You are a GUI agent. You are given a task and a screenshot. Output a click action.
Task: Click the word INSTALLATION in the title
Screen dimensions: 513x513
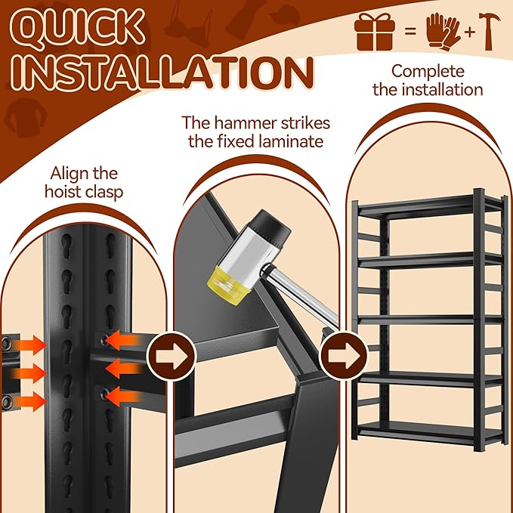pos(162,73)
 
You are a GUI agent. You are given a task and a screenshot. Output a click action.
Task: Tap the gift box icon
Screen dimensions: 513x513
pos(375,32)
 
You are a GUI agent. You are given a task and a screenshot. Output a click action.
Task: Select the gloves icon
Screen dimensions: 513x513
pos(443,32)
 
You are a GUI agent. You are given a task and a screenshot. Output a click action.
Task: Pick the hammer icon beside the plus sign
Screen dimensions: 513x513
pos(489,31)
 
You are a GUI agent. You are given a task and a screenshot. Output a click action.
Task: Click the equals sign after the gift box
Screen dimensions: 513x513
pos(410,32)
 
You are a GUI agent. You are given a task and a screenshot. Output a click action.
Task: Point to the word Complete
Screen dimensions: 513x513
pos(428,72)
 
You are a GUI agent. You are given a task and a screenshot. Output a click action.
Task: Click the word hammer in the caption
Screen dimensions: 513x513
pos(242,123)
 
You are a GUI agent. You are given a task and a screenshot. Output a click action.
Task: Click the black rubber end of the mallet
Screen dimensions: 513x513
pos(271,227)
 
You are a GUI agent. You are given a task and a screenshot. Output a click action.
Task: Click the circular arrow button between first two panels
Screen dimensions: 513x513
pos(172,356)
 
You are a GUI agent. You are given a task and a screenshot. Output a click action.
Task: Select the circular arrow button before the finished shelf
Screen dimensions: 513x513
pos(344,356)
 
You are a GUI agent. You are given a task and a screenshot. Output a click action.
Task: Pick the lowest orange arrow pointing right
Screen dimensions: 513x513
pos(29,401)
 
